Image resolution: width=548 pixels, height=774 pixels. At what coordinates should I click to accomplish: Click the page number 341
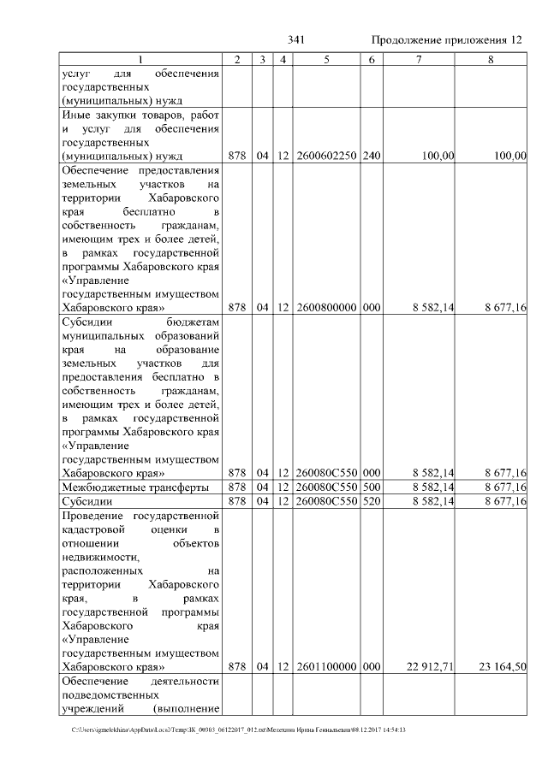point(297,40)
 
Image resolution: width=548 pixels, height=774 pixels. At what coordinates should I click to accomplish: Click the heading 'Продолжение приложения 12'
point(445,40)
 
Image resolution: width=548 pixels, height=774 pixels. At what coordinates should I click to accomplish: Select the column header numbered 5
point(326,60)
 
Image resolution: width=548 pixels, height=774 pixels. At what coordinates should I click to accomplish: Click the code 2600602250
point(326,156)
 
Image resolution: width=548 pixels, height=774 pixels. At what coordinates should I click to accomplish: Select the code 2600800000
point(326,307)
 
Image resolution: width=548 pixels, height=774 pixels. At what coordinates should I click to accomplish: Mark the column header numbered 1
point(141,60)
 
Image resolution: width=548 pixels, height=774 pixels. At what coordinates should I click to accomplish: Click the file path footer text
point(239,730)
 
